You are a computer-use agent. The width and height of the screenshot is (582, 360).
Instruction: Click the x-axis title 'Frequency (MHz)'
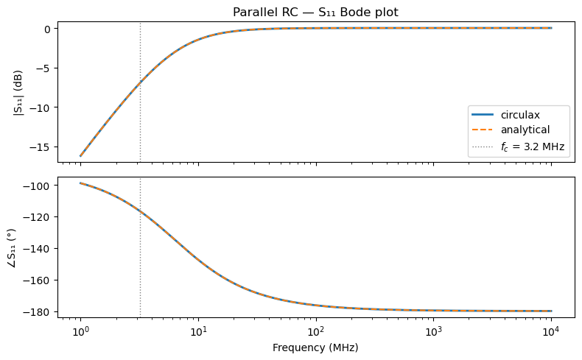click(x=315, y=347)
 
